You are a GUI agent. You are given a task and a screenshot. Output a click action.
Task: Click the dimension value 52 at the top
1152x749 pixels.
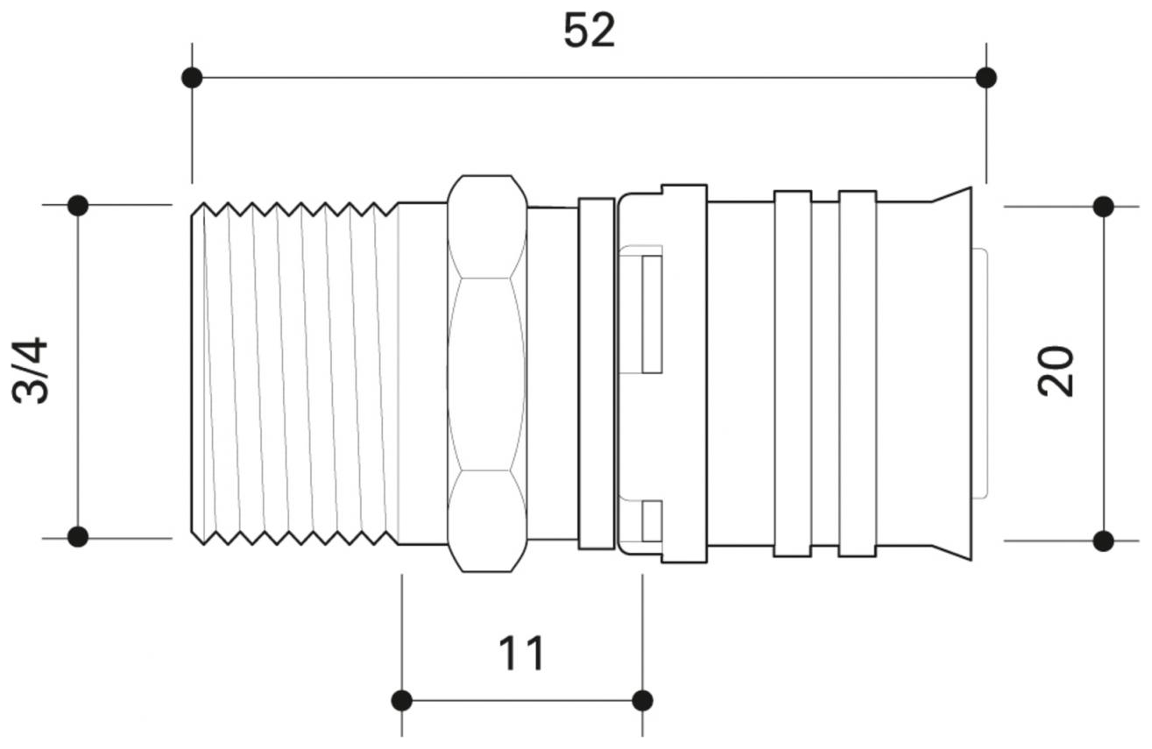589,32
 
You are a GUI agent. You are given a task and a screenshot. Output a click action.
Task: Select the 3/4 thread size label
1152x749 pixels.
32,371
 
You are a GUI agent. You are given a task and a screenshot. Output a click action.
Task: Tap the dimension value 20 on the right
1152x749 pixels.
1056,371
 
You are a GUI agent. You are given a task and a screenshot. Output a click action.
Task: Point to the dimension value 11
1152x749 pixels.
521,654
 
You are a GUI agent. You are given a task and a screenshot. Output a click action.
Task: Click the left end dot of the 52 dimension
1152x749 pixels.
192,78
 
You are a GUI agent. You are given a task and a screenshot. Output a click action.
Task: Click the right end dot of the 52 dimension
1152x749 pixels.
986,78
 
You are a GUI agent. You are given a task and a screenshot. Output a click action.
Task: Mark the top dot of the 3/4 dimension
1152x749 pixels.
78,206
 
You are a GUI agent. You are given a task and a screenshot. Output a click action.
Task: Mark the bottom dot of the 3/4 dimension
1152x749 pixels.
78,536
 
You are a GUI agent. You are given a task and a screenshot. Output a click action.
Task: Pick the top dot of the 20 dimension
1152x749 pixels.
1104,207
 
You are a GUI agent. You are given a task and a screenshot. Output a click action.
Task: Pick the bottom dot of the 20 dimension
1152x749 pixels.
1104,541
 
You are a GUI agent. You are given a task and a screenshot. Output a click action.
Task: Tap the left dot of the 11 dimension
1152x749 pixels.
402,700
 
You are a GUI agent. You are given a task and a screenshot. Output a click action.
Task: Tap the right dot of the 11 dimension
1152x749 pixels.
642,700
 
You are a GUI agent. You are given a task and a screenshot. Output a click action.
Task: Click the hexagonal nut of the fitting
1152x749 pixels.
487,374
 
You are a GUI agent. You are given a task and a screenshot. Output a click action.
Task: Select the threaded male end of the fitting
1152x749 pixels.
293,374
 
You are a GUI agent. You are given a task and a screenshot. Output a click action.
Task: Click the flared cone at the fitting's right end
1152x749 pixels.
953,374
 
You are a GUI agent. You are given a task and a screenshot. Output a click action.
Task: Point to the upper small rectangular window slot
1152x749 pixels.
651,314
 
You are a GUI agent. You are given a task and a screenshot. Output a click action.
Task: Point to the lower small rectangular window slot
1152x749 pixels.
651,521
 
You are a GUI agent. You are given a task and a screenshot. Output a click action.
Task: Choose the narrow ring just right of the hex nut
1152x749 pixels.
597,374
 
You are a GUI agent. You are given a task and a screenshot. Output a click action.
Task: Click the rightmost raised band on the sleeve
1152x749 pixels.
858,374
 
